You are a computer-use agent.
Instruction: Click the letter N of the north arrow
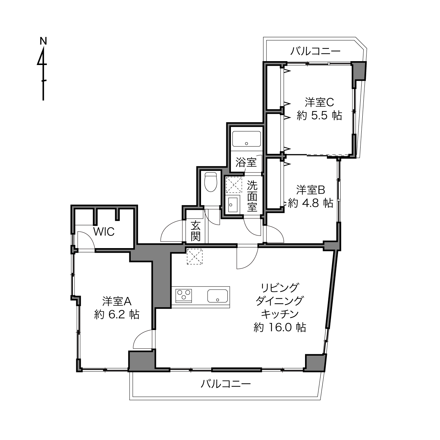pyautogui.click(x=43, y=41)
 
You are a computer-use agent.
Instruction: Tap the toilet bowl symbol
pyautogui.click(x=211, y=182)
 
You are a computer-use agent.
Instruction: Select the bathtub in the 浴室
pyautogui.click(x=246, y=139)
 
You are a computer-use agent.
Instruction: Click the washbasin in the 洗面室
pyautogui.click(x=233, y=205)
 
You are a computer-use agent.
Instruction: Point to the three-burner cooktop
pyautogui.click(x=183, y=296)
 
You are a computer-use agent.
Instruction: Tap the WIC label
pyautogui.click(x=104, y=232)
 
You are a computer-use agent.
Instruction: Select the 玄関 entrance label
pyautogui.click(x=195, y=231)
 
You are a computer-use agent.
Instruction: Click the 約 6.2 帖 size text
pyautogui.click(x=117, y=315)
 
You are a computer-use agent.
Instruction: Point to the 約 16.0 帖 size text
pyautogui.click(x=280, y=328)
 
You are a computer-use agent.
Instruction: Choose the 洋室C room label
pyautogui.click(x=319, y=102)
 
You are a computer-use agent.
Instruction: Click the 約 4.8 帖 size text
pyautogui.click(x=311, y=203)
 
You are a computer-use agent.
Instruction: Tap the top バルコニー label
pyautogui.click(x=315, y=51)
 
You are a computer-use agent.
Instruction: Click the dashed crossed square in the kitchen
pyautogui.click(x=195, y=257)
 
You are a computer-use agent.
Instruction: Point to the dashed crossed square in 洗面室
pyautogui.click(x=234, y=185)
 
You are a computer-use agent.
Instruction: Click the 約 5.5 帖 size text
pyautogui.click(x=319, y=116)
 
